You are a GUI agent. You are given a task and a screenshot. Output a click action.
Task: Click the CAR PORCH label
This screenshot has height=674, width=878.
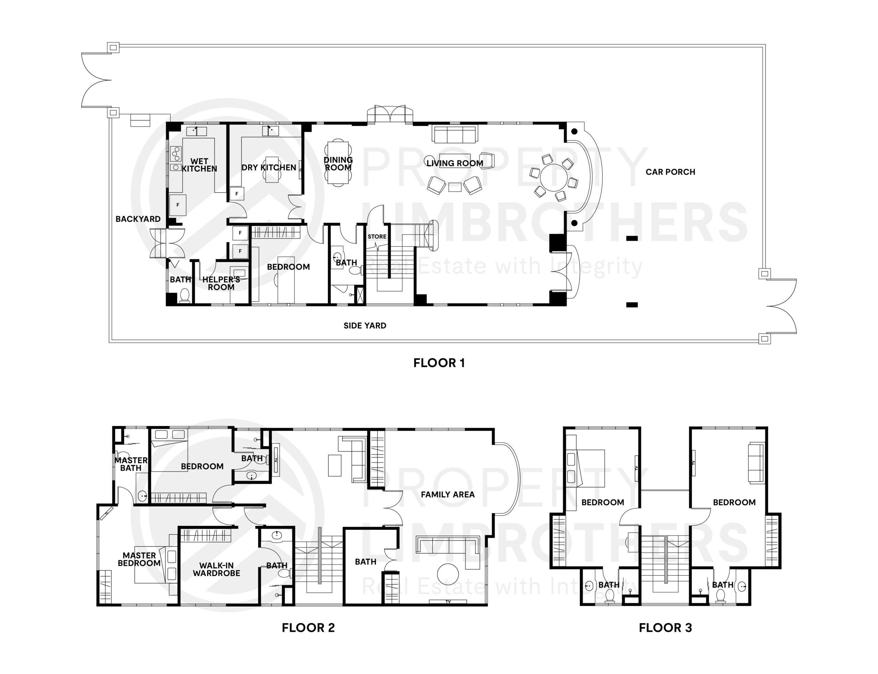pos(670,172)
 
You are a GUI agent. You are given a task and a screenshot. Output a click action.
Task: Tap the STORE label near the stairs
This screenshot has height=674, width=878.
pos(377,236)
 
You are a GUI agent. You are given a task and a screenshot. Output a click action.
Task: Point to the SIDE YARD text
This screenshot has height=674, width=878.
pos(365,325)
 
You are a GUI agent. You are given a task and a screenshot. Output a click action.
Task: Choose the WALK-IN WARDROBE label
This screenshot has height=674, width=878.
pos(216,569)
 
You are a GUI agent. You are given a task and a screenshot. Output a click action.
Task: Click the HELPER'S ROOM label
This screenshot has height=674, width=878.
pos(221,283)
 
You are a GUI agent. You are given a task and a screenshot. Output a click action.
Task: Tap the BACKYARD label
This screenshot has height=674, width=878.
pos(138,219)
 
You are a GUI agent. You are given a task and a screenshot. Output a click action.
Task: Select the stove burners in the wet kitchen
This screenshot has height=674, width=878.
pos(176,153)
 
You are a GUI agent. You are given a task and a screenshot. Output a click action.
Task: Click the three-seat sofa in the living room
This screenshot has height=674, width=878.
pos(455,134)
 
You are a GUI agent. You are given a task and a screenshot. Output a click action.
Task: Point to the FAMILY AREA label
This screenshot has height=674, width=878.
pos(448,494)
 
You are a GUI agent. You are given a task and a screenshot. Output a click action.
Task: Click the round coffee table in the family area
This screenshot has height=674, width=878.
pos(448,575)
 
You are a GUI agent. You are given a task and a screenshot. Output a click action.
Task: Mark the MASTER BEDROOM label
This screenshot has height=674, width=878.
pos(139,559)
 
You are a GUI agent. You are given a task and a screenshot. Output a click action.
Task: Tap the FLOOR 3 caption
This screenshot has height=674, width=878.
pos(665,627)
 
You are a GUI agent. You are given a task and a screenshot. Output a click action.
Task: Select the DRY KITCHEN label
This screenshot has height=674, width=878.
pos(269,167)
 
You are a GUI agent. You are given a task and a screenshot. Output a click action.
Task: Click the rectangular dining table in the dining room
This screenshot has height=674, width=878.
pos(338,162)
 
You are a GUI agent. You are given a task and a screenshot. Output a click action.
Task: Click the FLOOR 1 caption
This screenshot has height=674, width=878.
pos(439,363)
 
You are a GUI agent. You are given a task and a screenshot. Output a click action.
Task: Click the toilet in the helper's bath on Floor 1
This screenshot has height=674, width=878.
pos(185,295)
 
